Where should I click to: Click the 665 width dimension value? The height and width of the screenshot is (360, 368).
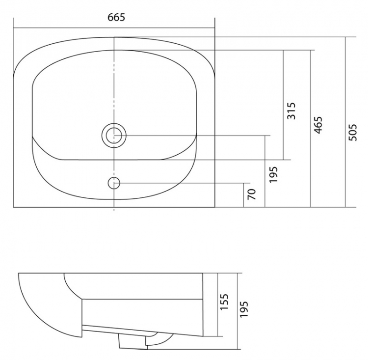pos(116,17)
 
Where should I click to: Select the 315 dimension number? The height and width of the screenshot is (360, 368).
pos(292,111)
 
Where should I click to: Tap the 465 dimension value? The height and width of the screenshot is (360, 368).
pos(318,125)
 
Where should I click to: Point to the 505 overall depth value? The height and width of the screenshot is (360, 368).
pos(353,132)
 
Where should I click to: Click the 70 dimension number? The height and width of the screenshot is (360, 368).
pos(252,194)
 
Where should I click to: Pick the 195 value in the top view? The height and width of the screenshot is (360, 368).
pos(273,174)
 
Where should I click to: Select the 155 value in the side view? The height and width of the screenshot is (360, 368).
pos(224,302)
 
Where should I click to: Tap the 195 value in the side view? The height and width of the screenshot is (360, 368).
pos(244,309)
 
